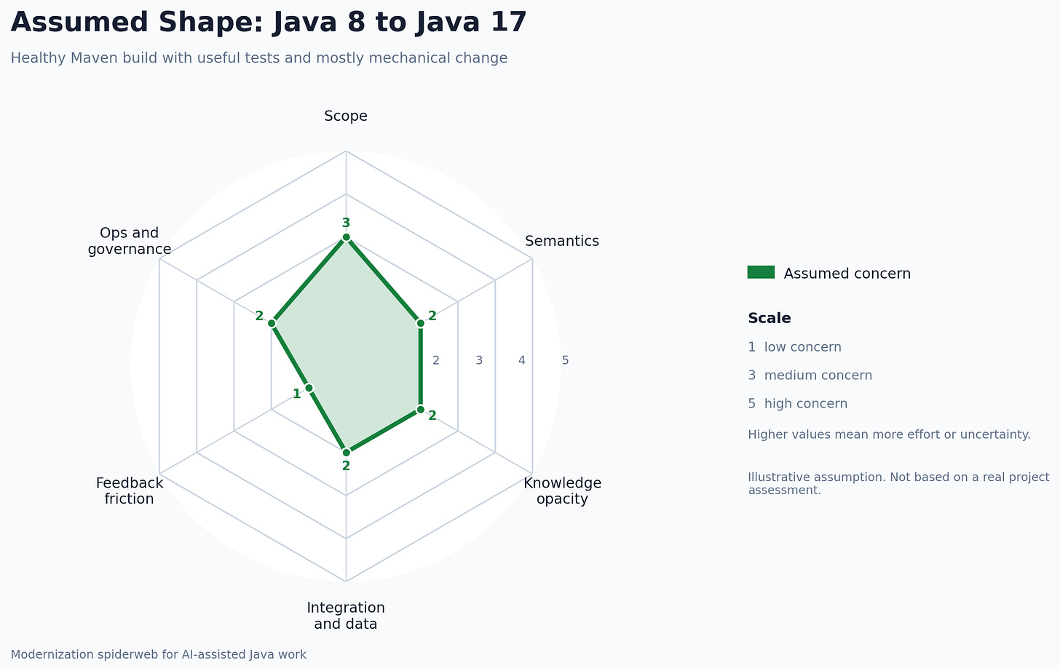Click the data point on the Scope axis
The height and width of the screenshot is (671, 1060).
346,237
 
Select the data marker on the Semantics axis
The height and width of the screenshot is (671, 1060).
421,322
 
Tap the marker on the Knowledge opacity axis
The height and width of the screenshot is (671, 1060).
421,409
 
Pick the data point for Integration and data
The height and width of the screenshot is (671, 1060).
346,452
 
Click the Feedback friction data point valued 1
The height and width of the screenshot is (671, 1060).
309,388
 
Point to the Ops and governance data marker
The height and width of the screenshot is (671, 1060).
272,322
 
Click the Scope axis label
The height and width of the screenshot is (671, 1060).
346,116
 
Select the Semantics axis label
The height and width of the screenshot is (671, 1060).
561,241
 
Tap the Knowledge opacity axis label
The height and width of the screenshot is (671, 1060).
562,491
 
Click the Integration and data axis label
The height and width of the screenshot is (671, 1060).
346,616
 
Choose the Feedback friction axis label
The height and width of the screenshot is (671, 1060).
130,491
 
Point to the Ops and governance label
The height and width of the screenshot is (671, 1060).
130,241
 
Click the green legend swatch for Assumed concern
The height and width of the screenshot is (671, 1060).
761,272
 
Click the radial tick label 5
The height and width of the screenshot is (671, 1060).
565,360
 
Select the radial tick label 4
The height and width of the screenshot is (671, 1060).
521,360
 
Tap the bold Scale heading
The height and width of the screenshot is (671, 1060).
769,318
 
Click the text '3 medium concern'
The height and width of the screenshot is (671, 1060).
810,376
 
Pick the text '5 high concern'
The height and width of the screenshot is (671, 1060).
797,404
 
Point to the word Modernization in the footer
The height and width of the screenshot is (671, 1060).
50,654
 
